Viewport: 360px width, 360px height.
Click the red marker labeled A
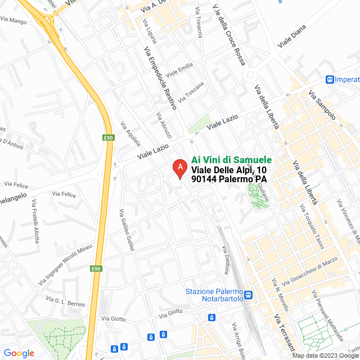coord(179,168)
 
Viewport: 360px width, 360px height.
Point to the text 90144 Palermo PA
coord(229,179)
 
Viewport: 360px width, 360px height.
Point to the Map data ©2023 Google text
coord(325,355)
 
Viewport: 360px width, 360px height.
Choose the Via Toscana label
coord(191,92)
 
